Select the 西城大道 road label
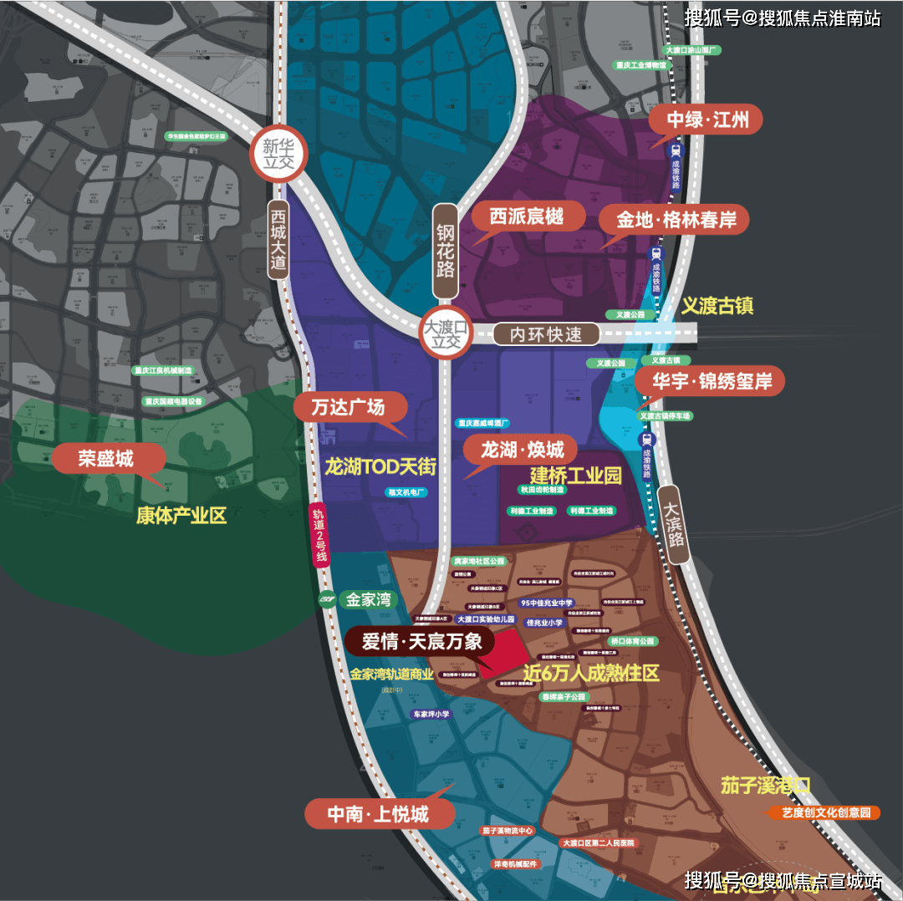(x=278, y=239)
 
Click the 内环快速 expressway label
(x=547, y=334)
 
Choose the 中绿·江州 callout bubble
(x=707, y=120)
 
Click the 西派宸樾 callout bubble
(x=526, y=216)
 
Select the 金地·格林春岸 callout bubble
(x=673, y=220)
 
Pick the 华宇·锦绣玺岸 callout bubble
(x=709, y=381)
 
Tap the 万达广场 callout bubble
(x=349, y=407)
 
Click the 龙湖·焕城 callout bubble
(x=522, y=449)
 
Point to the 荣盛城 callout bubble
(x=105, y=458)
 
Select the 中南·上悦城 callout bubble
(x=380, y=813)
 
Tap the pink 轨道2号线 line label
(x=319, y=536)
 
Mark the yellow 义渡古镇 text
(x=717, y=306)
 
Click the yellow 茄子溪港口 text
(x=766, y=786)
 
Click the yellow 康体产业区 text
(x=181, y=515)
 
